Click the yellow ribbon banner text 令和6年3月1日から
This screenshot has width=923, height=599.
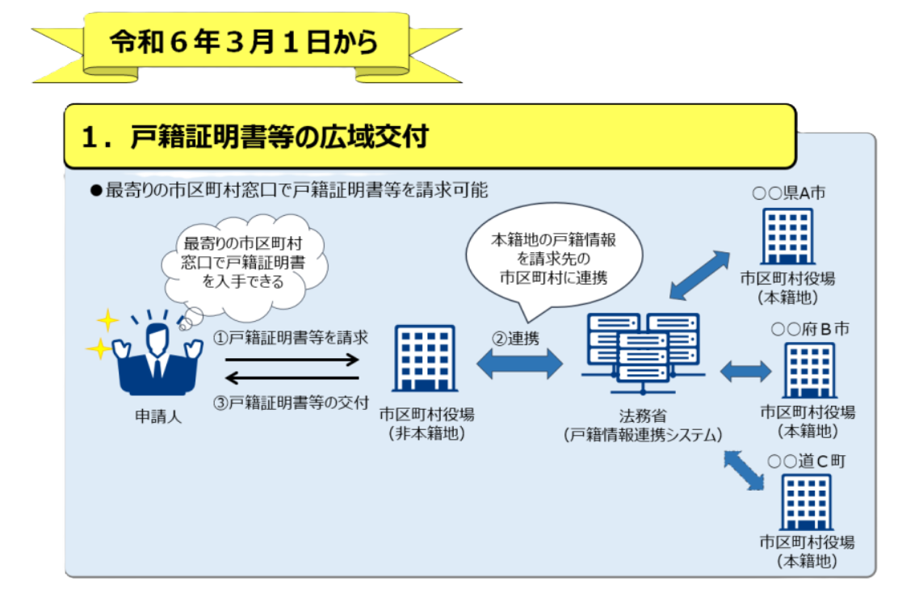coord(244,42)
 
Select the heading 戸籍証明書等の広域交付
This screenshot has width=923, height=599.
coord(279,137)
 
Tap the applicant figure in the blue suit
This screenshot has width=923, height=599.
coord(157,356)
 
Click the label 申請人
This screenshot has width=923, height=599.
coord(157,416)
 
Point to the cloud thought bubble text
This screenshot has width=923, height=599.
coord(242,262)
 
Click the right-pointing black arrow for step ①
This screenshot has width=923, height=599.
coord(292,359)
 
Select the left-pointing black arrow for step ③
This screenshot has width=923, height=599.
coord(292,378)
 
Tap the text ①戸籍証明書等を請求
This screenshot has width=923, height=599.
coord(291,337)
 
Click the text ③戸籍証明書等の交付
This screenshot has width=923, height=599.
coord(291,403)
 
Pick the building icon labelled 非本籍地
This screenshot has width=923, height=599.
coord(425,359)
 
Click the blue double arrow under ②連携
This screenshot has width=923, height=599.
coord(519,364)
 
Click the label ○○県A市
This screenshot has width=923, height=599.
coord(789,192)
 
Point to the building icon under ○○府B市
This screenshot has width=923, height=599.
coord(809,371)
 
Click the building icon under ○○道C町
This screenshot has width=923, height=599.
coord(807,503)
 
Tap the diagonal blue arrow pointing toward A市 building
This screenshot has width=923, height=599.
coord(699,275)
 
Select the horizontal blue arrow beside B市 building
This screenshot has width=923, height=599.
coord(745,371)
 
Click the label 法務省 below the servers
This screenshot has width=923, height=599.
coord(643,416)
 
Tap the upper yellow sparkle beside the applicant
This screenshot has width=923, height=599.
coord(107,321)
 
